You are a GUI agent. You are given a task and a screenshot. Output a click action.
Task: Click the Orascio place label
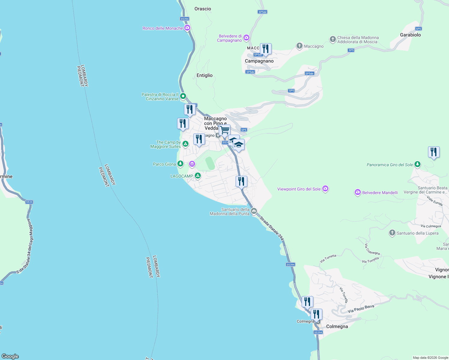click(x=203, y=9)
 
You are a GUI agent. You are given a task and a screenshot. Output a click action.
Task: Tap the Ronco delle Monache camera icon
click(x=187, y=28)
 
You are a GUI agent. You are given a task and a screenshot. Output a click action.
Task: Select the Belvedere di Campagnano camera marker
click(x=246, y=37)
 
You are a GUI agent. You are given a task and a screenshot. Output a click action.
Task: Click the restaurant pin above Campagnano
click(x=266, y=49)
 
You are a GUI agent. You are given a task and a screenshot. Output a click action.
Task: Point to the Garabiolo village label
click(x=410, y=35)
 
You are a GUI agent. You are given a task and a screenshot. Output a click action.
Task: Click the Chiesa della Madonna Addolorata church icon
click(x=333, y=39)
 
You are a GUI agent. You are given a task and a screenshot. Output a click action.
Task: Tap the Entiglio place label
click(x=204, y=75)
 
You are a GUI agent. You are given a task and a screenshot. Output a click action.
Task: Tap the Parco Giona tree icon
click(x=180, y=164)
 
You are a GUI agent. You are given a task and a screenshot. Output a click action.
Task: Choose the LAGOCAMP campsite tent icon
click(x=197, y=175)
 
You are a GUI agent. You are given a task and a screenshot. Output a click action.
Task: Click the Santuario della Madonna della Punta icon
click(x=254, y=211)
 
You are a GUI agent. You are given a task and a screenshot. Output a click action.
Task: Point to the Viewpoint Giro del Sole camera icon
click(x=325, y=189)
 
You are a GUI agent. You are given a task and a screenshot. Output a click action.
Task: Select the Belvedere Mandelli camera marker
click(x=357, y=192)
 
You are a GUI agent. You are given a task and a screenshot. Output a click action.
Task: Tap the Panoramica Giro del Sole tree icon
click(x=417, y=164)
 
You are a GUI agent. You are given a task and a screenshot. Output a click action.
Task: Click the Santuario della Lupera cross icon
click(x=392, y=233)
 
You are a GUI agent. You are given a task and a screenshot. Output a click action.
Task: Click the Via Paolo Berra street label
click(x=361, y=309)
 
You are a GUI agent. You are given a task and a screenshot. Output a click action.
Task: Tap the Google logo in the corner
click(x=10, y=356)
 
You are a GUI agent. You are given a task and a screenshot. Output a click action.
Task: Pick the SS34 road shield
click(x=29, y=202)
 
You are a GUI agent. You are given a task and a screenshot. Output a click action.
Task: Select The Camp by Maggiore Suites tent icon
click(x=185, y=144)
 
